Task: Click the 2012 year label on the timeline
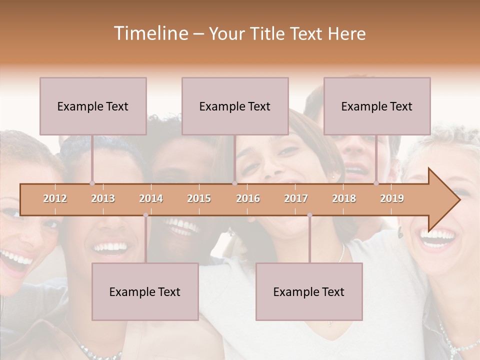(x=55, y=198)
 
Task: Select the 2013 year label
(x=103, y=198)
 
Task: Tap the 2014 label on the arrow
(x=151, y=198)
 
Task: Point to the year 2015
(x=199, y=198)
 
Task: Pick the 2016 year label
(x=248, y=198)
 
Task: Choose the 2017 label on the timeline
(x=296, y=198)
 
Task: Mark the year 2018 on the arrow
(x=344, y=198)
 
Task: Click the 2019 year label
(x=392, y=198)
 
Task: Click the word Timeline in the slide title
(x=149, y=33)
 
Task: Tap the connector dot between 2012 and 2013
(x=92, y=183)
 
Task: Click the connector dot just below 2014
(x=145, y=215)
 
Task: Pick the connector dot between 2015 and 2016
(x=234, y=183)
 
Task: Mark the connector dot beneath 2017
(x=309, y=215)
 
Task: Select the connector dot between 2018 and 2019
(x=376, y=183)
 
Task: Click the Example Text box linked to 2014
(x=145, y=291)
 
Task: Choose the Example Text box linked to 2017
(x=309, y=291)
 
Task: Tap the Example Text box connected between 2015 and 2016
(x=235, y=106)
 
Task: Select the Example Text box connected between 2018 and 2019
(x=377, y=106)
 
